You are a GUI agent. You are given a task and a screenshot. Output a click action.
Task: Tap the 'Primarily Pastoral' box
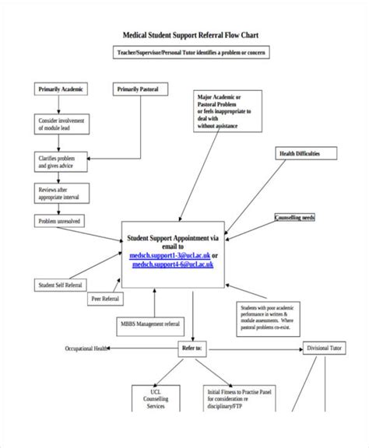point(137,89)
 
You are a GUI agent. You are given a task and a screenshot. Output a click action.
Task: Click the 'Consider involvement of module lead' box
point(61,125)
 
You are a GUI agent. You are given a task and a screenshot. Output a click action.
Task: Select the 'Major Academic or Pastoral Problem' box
point(225,110)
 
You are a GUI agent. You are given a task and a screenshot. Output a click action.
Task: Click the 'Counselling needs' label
point(295,218)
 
